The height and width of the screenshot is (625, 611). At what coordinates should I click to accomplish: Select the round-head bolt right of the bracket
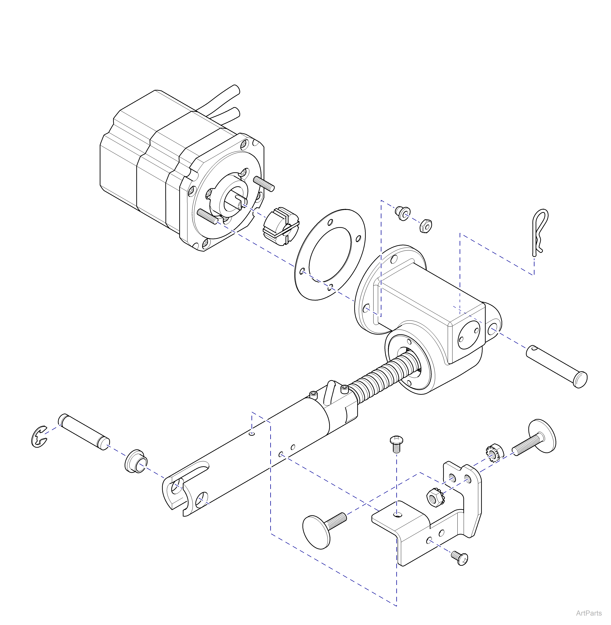coord(536,440)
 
